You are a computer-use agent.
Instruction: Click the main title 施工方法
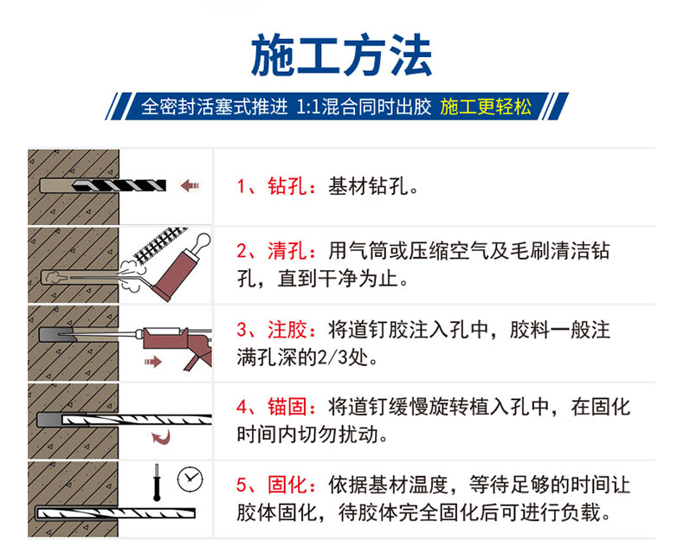click(x=341, y=55)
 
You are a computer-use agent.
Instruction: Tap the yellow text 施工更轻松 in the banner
click(x=486, y=106)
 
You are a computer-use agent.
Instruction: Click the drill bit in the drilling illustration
click(x=119, y=186)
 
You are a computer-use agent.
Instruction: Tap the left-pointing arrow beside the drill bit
click(x=190, y=186)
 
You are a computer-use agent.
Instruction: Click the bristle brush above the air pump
click(x=160, y=244)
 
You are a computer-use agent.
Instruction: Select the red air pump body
click(x=177, y=274)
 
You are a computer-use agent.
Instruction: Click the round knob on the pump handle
click(x=203, y=240)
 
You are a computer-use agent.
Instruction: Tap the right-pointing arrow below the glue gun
click(x=153, y=362)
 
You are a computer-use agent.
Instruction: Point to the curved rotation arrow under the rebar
click(x=161, y=437)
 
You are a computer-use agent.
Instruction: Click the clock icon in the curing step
click(x=190, y=479)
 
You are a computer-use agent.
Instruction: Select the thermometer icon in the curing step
click(x=157, y=482)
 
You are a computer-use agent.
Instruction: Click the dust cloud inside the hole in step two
click(x=53, y=277)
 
